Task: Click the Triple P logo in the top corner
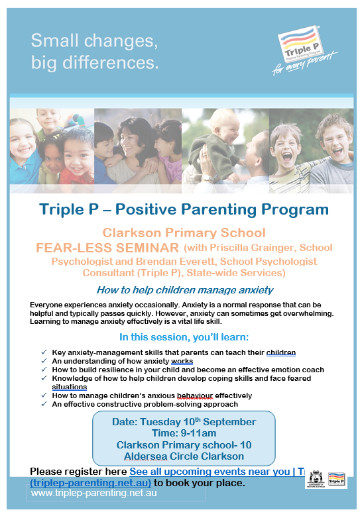click(304, 50)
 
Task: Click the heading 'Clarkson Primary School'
click(184, 232)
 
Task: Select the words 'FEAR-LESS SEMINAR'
click(107, 248)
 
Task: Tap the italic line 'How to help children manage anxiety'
click(185, 290)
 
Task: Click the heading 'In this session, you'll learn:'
click(184, 337)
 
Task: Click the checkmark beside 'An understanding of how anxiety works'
click(44, 361)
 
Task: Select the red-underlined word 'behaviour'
click(195, 395)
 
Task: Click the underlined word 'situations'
click(70, 387)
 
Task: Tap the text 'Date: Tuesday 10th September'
click(184, 422)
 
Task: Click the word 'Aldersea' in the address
click(145, 456)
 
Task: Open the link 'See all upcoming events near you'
click(210, 472)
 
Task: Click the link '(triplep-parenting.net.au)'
click(91, 483)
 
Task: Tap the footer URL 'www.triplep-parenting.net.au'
click(94, 493)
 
